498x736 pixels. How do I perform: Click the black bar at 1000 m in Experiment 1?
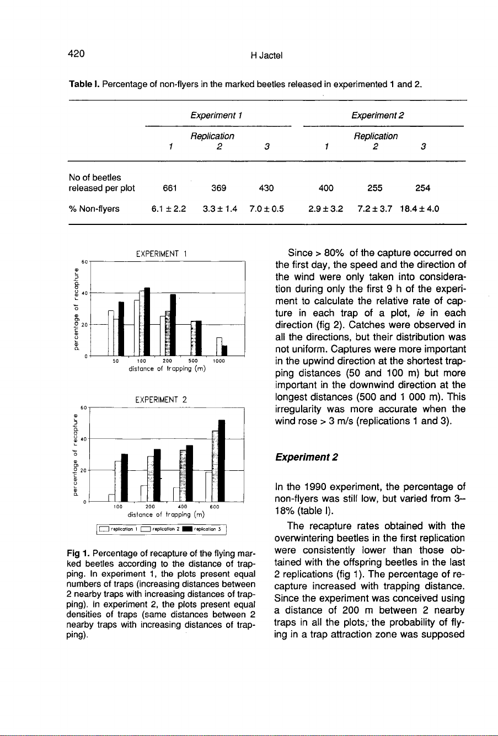224,350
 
